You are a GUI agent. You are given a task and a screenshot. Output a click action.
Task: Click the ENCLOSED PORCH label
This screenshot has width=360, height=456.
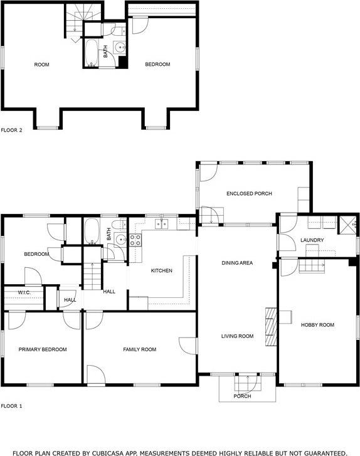click(x=249, y=194)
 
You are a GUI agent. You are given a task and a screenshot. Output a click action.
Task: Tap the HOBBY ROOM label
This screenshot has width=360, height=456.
click(x=317, y=325)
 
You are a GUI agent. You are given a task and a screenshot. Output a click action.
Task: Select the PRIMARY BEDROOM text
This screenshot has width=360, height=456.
click(x=43, y=349)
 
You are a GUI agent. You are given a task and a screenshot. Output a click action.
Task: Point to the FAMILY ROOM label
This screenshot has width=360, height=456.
click(x=140, y=349)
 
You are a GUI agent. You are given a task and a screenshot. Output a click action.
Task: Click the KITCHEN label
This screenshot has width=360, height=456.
click(x=162, y=270)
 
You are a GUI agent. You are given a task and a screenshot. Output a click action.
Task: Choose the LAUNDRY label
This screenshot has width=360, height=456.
click(x=312, y=240)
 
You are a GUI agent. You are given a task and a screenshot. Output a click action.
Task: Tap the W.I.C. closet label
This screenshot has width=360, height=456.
click(x=24, y=292)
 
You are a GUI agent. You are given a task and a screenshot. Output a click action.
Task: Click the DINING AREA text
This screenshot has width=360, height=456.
click(x=237, y=263)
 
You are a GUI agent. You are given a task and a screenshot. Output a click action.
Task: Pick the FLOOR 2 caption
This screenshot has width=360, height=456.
click(x=12, y=130)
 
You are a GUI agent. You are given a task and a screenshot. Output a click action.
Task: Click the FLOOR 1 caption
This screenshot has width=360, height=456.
click(x=12, y=406)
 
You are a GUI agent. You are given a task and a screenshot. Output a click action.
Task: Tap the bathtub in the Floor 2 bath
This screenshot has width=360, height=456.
click(x=92, y=53)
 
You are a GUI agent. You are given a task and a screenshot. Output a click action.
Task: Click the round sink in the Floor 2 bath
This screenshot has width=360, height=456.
click(x=120, y=48)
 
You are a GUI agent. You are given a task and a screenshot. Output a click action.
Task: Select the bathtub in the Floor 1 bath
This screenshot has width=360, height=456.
click(x=92, y=231)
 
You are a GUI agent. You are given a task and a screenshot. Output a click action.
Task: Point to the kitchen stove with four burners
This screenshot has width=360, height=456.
click(x=135, y=240)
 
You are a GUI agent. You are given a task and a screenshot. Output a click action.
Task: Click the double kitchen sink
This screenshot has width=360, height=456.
click(x=162, y=224)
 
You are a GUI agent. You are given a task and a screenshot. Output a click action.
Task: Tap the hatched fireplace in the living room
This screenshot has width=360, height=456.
click(x=271, y=327)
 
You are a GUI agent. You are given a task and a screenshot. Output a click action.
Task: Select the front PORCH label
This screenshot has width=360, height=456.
click(x=242, y=396)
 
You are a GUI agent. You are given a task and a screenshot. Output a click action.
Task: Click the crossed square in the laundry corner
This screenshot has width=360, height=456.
click(x=348, y=225)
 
